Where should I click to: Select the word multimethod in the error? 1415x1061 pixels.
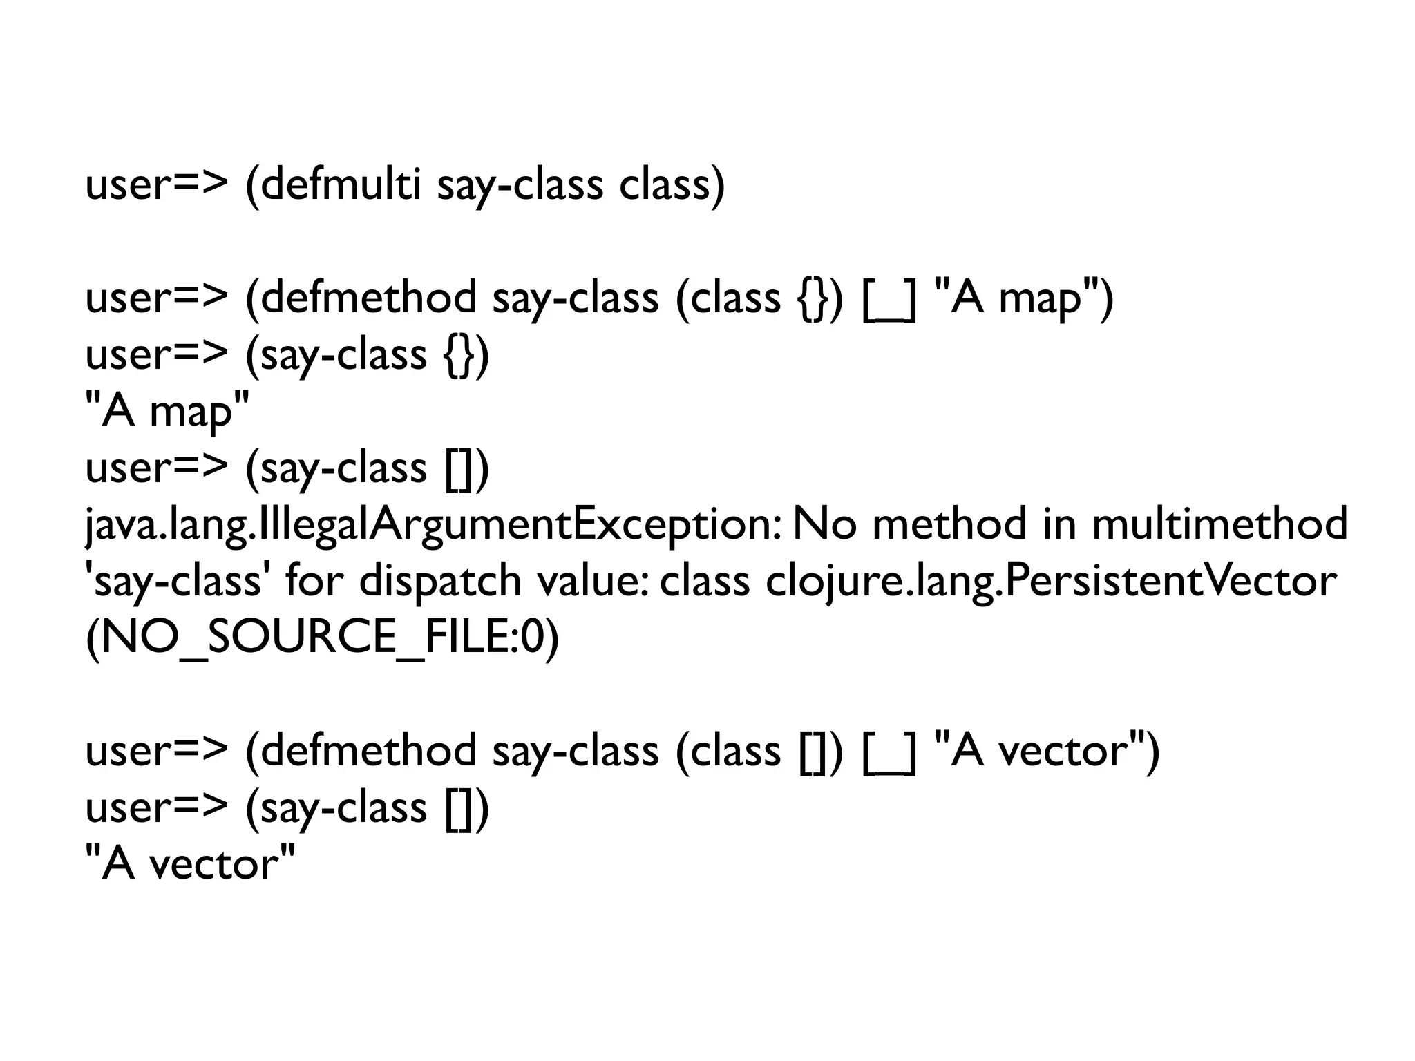tap(1219, 523)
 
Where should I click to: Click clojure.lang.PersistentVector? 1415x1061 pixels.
tap(1050, 580)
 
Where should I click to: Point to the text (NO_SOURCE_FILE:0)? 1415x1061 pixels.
tap(321, 637)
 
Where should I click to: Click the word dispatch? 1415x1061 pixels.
tap(440, 580)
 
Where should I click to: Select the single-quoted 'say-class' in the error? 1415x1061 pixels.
tap(176, 580)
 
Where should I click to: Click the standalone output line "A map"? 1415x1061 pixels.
tap(167, 410)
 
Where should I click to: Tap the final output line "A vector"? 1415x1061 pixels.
tap(189, 863)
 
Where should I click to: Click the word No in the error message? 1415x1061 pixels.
tap(824, 524)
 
